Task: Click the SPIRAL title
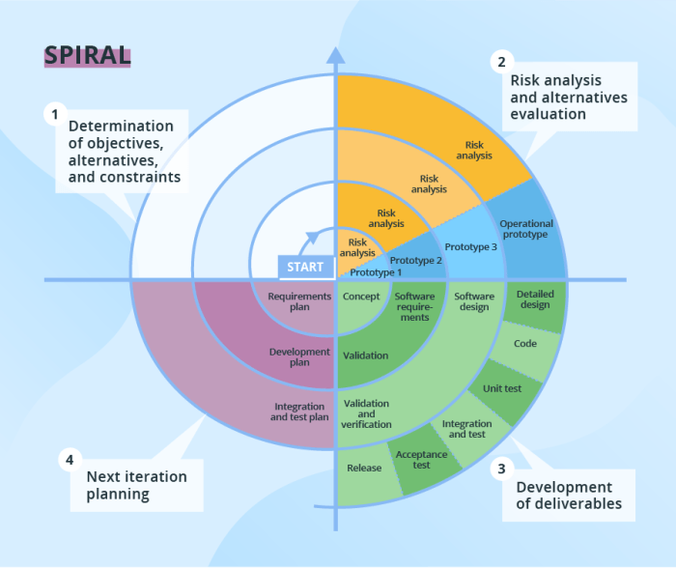click(x=87, y=55)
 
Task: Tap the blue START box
click(x=305, y=267)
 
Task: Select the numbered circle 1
click(x=54, y=114)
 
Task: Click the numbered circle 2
click(x=500, y=62)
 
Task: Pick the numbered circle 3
click(x=500, y=469)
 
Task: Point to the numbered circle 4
click(x=69, y=460)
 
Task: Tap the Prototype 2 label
click(x=416, y=260)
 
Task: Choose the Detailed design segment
click(x=534, y=299)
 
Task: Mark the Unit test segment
click(x=502, y=388)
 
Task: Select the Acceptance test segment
click(x=422, y=460)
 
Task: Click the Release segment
click(x=364, y=469)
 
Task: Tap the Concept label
click(x=361, y=298)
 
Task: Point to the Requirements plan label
click(x=300, y=301)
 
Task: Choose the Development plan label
click(x=300, y=357)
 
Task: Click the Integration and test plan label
click(x=300, y=412)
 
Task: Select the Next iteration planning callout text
click(x=137, y=485)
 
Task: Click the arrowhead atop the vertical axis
click(x=335, y=55)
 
